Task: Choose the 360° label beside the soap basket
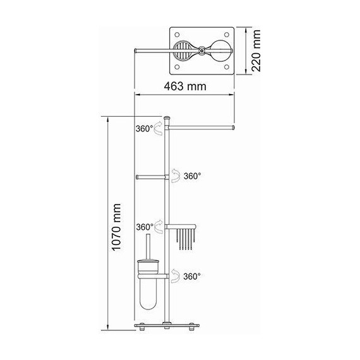pos(145,226)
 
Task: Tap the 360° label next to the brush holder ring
pos(191,276)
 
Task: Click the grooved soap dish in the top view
pos(183,50)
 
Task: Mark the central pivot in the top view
pos(201,50)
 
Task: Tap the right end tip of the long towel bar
pos(234,127)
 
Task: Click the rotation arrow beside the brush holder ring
pos(172,275)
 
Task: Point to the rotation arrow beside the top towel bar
pos(160,128)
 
